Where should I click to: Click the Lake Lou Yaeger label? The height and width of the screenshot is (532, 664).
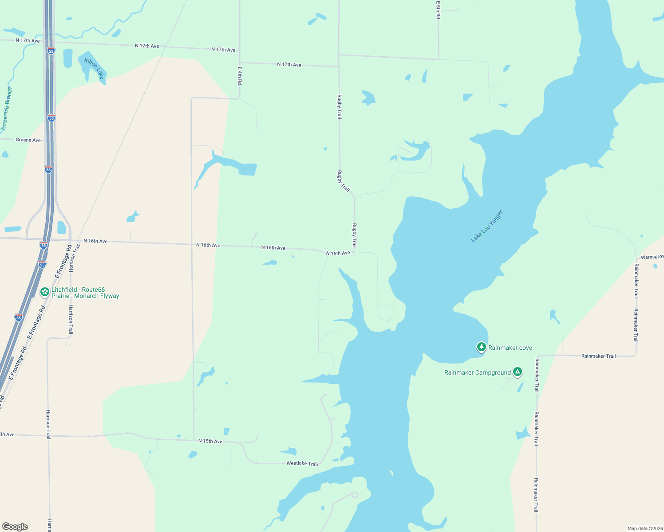point(486,226)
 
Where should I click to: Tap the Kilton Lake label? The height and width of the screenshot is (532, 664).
point(94,69)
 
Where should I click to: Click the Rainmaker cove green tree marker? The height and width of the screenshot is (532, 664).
point(481,347)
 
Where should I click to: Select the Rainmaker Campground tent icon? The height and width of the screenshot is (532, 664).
point(517,372)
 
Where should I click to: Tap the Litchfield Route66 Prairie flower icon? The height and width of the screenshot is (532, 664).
point(44,292)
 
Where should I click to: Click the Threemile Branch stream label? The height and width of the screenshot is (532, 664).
point(6,109)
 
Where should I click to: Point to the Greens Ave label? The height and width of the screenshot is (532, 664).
point(28,140)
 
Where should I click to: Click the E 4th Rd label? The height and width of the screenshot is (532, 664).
point(240,76)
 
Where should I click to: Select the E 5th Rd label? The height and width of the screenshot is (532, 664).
point(438,9)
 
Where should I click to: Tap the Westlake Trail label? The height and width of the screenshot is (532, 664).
point(302,463)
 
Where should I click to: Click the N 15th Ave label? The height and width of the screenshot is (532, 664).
point(210,441)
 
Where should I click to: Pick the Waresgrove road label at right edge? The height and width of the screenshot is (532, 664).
point(652,257)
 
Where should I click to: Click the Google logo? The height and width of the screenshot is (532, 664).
point(15,527)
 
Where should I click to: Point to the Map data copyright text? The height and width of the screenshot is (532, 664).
point(644,528)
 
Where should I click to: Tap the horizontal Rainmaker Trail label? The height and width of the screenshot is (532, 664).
point(598,356)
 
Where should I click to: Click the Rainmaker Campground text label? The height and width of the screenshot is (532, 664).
point(478,372)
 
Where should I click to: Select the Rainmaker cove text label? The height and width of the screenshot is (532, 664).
point(510,348)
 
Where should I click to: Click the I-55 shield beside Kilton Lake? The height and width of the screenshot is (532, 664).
point(51,51)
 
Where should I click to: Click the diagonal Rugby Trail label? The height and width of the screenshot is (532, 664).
point(344,181)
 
